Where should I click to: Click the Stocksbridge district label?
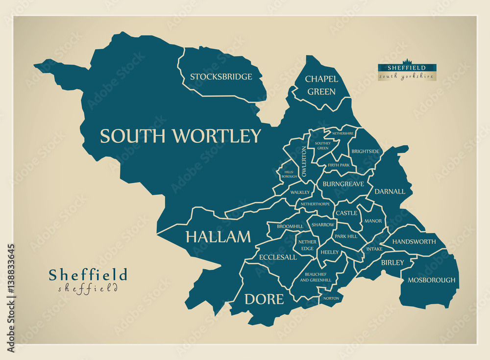221,77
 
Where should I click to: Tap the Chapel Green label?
321,85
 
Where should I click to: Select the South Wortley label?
180,136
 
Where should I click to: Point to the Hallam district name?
218,237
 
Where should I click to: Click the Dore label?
264,299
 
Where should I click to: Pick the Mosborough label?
431,280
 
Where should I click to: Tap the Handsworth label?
414,242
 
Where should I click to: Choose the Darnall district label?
390,191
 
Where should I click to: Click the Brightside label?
365,152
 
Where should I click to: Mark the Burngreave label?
343,184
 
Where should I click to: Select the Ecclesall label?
277,257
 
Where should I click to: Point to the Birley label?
392,262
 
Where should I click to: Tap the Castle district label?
346,213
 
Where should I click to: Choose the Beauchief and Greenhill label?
315,277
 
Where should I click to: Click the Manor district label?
373,221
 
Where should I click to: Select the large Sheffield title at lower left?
88,275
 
